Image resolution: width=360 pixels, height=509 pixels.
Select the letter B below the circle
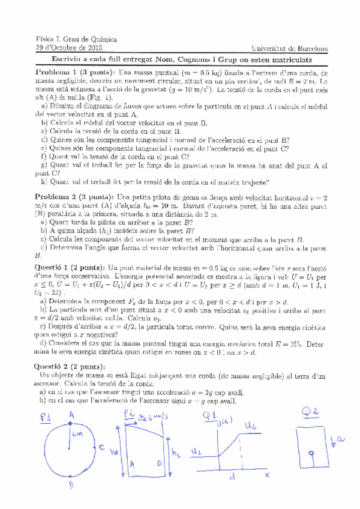pyautogui.click(x=71, y=485)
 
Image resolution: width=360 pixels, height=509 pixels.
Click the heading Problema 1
pyautogui.click(x=59, y=72)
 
